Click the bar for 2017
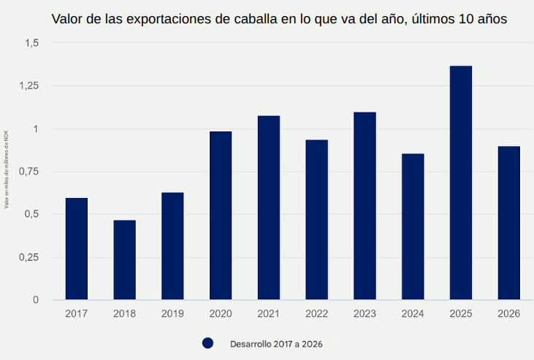click(77, 249)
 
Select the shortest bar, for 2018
click(124, 260)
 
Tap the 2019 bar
click(172, 246)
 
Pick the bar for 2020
click(221, 215)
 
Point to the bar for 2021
click(269, 208)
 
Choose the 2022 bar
click(316, 220)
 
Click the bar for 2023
click(365, 206)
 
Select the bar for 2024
click(413, 226)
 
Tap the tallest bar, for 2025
click(461, 183)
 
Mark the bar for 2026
click(508, 223)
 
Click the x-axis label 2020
click(221, 314)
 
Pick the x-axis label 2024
click(413, 314)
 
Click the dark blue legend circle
click(207, 342)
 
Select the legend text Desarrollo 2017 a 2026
click(276, 342)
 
